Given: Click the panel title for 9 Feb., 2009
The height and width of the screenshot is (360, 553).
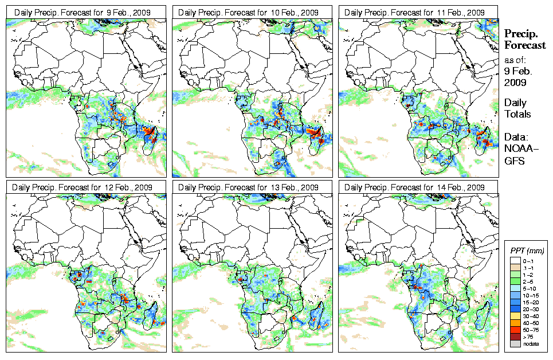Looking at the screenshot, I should (x=86, y=12).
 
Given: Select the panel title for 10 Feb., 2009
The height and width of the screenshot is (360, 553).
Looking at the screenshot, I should (x=252, y=12).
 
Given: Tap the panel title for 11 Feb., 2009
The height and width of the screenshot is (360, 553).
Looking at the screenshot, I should (x=418, y=12).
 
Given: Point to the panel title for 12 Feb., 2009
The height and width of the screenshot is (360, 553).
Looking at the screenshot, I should (x=86, y=187).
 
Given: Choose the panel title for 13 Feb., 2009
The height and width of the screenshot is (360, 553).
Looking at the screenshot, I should (x=252, y=187).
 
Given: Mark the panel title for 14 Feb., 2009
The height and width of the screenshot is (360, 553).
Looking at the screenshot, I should (x=418, y=187).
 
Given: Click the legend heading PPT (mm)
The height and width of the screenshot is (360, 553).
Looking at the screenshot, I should (x=527, y=251).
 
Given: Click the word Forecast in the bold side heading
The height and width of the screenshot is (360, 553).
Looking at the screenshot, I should (x=525, y=46).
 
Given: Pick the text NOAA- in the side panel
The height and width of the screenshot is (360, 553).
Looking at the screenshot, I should (x=517, y=149).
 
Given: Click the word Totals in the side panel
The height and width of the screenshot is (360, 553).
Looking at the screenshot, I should (x=517, y=114).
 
